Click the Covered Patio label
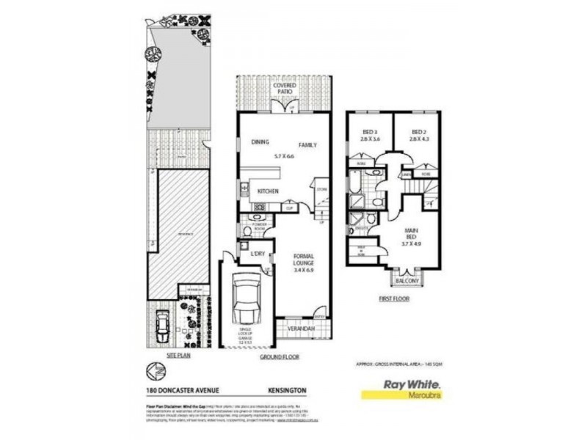click(x=285, y=89)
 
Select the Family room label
click(x=307, y=145)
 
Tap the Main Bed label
click(x=412, y=236)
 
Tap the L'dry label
click(x=258, y=254)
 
